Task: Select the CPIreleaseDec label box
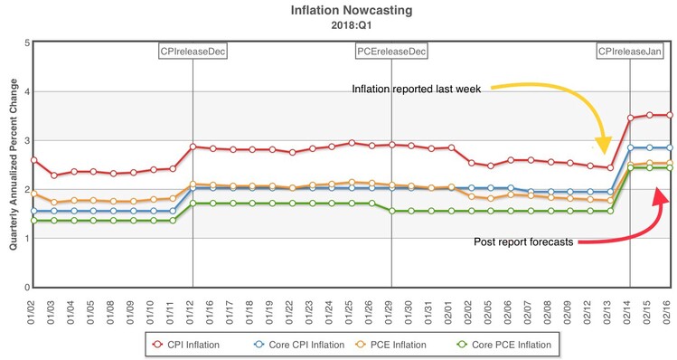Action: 193,52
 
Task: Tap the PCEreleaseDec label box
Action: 391,52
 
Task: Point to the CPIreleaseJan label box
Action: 630,52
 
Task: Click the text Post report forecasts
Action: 524,242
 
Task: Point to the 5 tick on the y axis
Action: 26,43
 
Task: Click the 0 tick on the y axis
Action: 26,288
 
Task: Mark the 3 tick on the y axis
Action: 26,140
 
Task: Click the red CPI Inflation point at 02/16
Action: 669,115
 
